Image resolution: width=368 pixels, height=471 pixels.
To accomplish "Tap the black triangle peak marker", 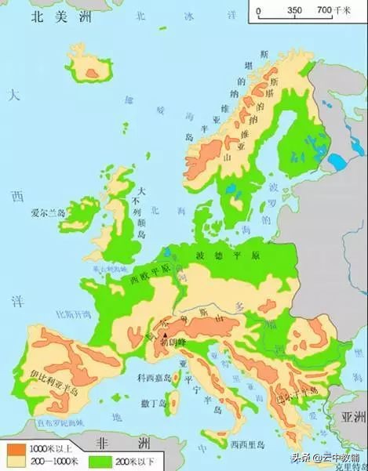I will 166,335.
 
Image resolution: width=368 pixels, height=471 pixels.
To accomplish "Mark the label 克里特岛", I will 352,464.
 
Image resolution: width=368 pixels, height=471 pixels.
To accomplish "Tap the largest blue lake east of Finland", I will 337,162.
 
